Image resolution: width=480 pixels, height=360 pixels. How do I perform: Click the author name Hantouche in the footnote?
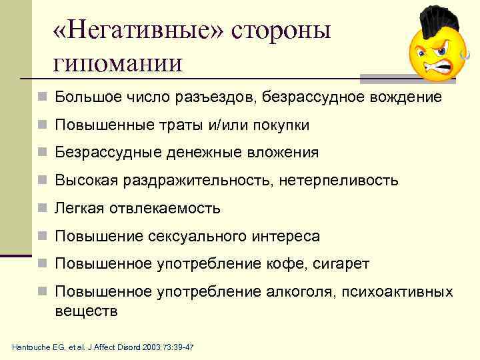[32, 348]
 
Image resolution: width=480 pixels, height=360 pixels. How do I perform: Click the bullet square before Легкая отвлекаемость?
[43, 209]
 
